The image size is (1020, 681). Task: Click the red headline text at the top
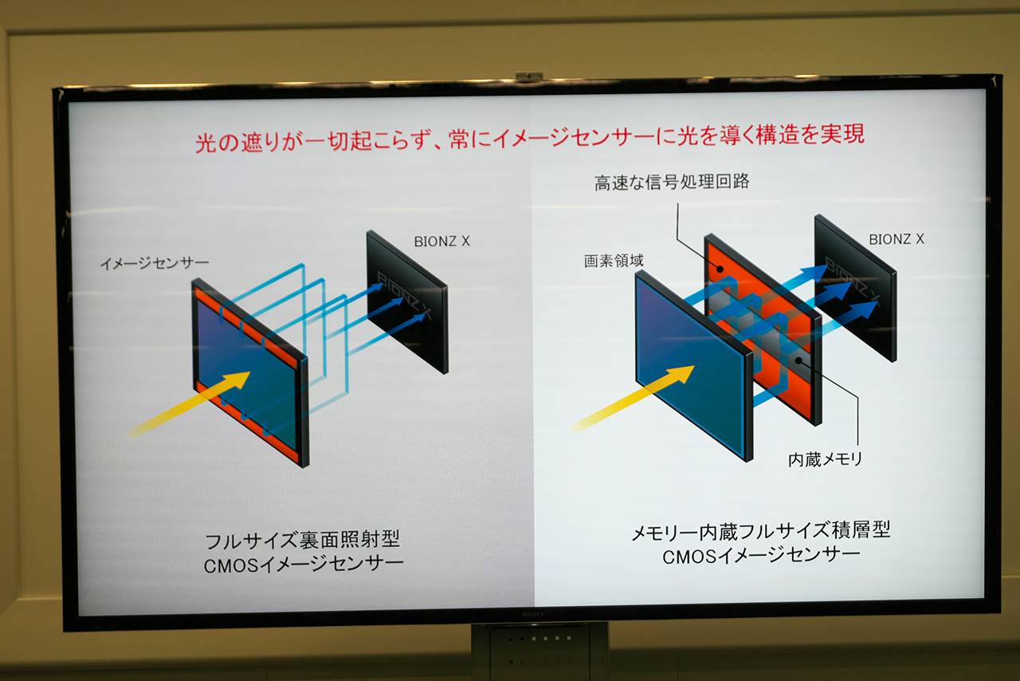pyautogui.click(x=530, y=136)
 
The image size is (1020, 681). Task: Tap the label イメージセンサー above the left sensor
pyautogui.click(x=155, y=263)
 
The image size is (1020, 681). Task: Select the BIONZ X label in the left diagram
pyautogui.click(x=441, y=241)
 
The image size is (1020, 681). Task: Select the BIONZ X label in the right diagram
pyautogui.click(x=896, y=239)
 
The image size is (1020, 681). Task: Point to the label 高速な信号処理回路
pyautogui.click(x=672, y=182)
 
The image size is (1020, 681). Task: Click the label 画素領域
pyautogui.click(x=614, y=261)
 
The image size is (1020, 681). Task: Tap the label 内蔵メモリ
pyautogui.click(x=825, y=459)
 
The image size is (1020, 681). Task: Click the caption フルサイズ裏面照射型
pyautogui.click(x=302, y=541)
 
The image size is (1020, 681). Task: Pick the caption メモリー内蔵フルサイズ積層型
pyautogui.click(x=761, y=531)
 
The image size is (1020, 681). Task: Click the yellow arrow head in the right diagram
pyautogui.click(x=681, y=374)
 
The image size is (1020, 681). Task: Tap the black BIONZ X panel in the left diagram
pyautogui.click(x=407, y=301)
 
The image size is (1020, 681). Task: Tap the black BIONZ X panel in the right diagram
pyautogui.click(x=855, y=288)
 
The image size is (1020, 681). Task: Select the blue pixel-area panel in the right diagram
pyautogui.click(x=694, y=365)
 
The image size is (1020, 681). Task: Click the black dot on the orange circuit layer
pyautogui.click(x=720, y=269)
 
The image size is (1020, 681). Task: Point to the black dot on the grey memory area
pyautogui.click(x=798, y=361)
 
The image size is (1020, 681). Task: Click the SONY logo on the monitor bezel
pyautogui.click(x=533, y=615)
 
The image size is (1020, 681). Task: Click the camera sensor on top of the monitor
pyautogui.click(x=528, y=76)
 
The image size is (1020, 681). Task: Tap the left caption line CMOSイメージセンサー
pyautogui.click(x=304, y=565)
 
